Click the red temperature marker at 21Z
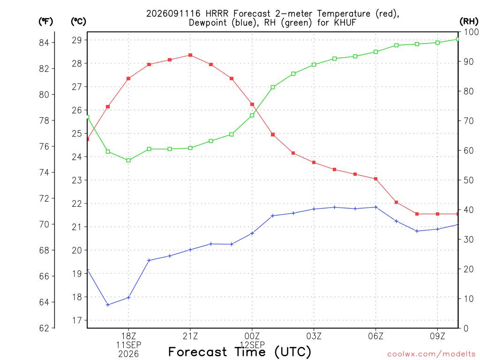tap(190, 55)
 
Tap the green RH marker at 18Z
tap(128, 160)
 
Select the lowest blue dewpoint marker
tap(108, 305)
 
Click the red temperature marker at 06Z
tap(375, 179)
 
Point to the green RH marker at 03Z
tap(314, 65)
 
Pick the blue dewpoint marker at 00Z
tap(252, 233)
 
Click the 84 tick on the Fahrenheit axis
tap(44, 43)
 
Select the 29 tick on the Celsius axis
tap(77, 40)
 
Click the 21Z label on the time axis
tap(190, 336)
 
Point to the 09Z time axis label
tap(437, 336)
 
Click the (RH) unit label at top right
tap(469, 21)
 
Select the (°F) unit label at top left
tap(45, 22)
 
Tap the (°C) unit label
tap(78, 22)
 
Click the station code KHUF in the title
tap(345, 22)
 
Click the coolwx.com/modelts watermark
tap(431, 354)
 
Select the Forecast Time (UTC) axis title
tap(240, 352)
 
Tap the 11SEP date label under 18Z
tap(128, 345)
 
